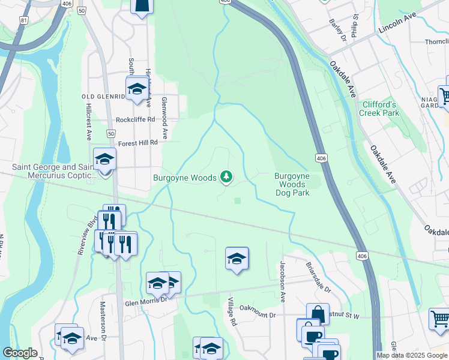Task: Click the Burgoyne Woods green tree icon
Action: click(x=226, y=176)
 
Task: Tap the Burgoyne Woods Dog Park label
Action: click(x=292, y=184)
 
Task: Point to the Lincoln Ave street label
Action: click(x=397, y=26)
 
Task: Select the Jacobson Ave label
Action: click(x=282, y=281)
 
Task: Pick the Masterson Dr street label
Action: click(x=103, y=329)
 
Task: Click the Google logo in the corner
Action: click(x=20, y=353)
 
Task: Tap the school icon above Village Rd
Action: click(x=237, y=259)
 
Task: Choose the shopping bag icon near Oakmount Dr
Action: click(x=318, y=314)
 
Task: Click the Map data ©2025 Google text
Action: click(x=411, y=355)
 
